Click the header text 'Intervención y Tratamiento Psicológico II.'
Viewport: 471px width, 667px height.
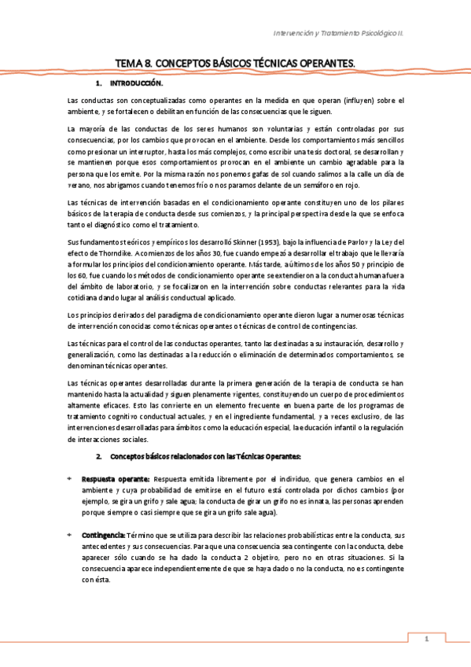348,34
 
